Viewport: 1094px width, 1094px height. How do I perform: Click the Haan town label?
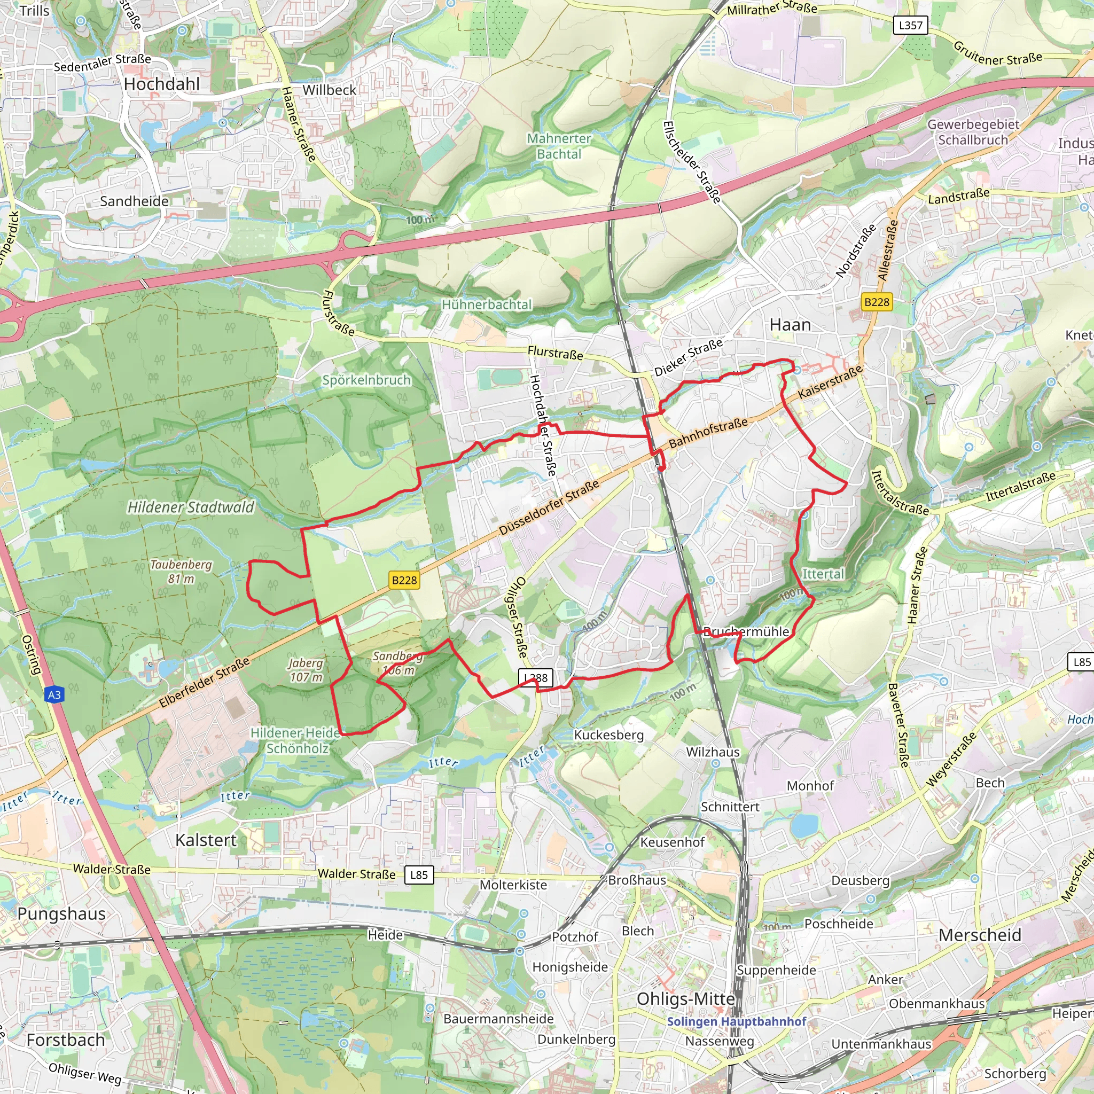click(x=790, y=325)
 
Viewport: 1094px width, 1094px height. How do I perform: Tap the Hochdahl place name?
click(x=161, y=84)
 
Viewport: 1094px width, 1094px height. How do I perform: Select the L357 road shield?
click(x=911, y=26)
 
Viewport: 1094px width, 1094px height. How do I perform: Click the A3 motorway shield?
click(x=54, y=695)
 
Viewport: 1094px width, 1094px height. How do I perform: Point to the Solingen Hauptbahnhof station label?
click(x=736, y=1021)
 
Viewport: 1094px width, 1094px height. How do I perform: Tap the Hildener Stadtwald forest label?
click(x=190, y=507)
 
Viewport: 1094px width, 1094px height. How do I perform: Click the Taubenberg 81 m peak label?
click(x=181, y=572)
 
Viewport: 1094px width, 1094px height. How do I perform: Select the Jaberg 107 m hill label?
click(x=306, y=669)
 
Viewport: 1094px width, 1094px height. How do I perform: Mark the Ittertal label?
click(x=823, y=574)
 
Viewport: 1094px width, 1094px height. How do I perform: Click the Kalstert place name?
click(x=206, y=840)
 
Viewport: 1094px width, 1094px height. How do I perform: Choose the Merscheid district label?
click(x=980, y=935)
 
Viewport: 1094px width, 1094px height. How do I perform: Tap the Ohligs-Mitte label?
click(x=686, y=999)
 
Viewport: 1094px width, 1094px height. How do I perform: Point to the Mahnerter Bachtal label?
click(x=559, y=146)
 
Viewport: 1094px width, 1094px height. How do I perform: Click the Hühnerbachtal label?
click(x=487, y=304)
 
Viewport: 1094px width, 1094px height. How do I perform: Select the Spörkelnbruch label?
click(x=366, y=380)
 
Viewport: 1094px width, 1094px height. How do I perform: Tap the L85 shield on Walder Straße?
click(x=419, y=875)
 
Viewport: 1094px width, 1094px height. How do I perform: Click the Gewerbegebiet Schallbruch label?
click(x=973, y=132)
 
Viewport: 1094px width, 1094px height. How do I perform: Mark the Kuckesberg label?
click(x=609, y=735)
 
